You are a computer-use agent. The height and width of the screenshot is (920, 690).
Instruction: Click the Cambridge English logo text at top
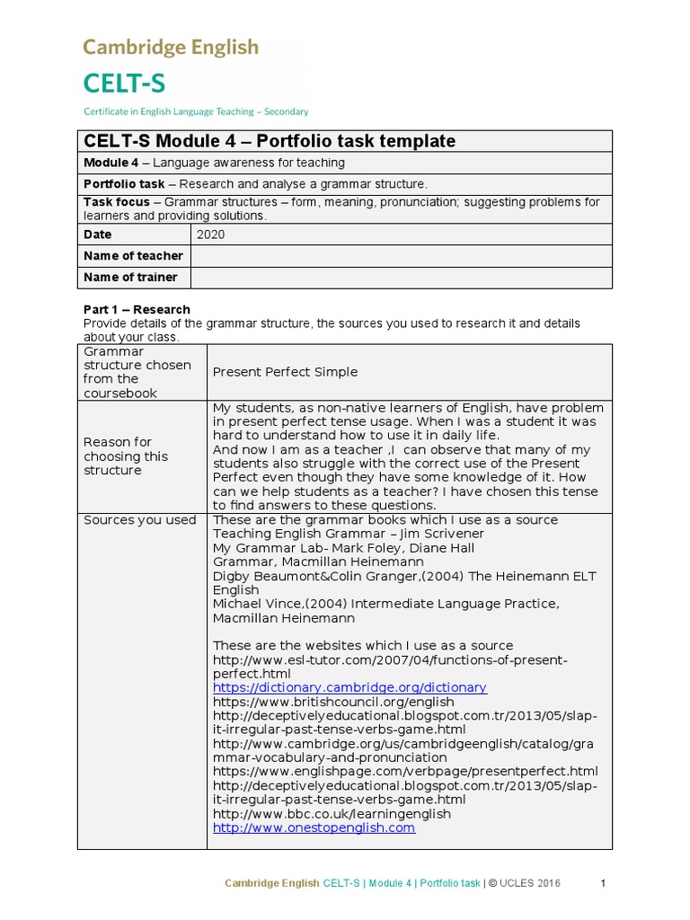coord(171,48)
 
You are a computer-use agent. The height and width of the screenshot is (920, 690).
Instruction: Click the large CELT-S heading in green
coord(124,84)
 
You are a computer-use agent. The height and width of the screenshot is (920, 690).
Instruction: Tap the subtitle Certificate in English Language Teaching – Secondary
coord(196,112)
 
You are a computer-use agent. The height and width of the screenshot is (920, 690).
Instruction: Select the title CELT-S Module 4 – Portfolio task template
coord(270,141)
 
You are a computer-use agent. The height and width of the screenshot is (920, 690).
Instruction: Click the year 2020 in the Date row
coord(212,234)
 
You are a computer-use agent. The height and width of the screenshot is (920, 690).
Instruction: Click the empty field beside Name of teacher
coord(401,256)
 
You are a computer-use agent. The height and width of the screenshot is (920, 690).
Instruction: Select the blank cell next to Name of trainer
coord(401,278)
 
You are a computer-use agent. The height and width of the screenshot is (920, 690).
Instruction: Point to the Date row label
coord(98,234)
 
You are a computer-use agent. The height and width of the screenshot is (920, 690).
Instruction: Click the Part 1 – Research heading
coord(137,309)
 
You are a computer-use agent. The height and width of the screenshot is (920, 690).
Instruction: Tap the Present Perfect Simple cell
coord(285,372)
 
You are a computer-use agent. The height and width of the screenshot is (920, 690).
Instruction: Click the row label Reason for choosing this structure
coord(125,456)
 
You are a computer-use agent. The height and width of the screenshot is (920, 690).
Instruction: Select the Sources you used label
coord(139,520)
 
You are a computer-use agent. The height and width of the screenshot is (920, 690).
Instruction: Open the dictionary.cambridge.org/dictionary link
coord(349,687)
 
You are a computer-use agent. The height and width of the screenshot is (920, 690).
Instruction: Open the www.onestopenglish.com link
coord(314,827)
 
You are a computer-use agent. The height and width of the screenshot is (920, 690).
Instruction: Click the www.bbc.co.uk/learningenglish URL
coord(332,814)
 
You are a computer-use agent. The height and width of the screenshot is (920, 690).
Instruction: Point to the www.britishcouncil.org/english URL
coord(333,702)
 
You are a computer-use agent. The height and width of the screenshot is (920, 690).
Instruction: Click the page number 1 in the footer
coord(604,883)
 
